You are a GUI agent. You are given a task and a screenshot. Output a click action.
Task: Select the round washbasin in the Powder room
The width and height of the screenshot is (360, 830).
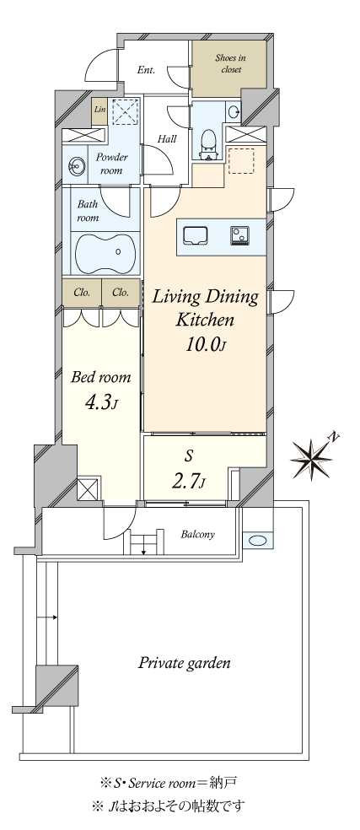coord(73,168)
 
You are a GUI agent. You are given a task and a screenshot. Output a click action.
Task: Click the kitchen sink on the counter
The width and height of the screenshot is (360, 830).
coord(195,234)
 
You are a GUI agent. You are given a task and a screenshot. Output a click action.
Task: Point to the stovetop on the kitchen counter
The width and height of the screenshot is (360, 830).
coord(240,234)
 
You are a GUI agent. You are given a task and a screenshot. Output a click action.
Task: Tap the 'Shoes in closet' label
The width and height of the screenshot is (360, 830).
coord(229,64)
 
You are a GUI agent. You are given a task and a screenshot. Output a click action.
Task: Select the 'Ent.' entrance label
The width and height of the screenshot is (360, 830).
coord(146,70)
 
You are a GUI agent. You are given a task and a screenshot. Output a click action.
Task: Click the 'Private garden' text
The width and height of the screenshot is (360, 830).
coord(185,663)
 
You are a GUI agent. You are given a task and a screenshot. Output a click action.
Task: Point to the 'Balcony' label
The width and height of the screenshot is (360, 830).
coord(198,534)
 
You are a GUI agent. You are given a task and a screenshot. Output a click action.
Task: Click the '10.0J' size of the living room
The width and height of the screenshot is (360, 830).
coord(206,345)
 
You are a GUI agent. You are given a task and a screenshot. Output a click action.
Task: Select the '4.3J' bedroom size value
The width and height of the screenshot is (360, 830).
coord(100,404)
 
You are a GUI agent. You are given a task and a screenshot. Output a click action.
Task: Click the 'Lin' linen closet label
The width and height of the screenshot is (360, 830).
coord(99,110)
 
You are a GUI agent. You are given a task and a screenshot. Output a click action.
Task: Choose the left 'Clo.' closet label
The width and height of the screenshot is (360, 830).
coord(82,292)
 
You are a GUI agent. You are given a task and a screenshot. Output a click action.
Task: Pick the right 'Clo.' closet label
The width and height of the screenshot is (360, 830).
coord(121,292)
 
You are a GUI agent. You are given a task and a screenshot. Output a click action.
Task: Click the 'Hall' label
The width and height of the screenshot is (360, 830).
coord(166,140)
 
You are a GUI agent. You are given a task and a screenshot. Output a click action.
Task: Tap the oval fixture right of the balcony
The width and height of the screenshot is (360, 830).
coord(257,541)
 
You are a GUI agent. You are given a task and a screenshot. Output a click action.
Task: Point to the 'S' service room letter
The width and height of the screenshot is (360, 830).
coord(190,455)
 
